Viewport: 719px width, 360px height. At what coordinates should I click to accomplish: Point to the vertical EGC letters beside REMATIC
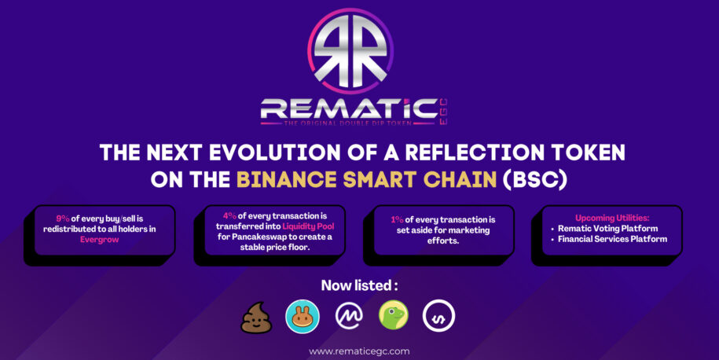point(443,112)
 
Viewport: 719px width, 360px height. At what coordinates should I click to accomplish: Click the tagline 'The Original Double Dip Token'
point(348,123)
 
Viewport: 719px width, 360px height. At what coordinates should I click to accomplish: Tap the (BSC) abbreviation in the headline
point(534,180)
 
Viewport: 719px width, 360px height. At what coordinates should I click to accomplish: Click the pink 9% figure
point(63,219)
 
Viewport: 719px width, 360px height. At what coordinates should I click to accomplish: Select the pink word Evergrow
point(100,240)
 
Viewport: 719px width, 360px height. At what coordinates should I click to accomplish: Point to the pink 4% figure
point(229,216)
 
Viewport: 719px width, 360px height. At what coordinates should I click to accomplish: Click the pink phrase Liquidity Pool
point(308,226)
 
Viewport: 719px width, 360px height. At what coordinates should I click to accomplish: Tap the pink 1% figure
point(397,219)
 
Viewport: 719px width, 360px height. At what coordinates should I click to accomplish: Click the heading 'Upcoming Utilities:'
point(612,218)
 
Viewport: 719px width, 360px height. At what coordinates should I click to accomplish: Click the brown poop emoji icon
point(256,318)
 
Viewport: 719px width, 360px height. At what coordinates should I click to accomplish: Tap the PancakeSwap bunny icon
point(303,317)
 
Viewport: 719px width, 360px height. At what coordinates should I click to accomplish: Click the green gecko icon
point(394,315)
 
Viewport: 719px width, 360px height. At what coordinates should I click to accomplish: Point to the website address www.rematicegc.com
point(359,351)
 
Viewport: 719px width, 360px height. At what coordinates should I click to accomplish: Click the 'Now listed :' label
point(359,285)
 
